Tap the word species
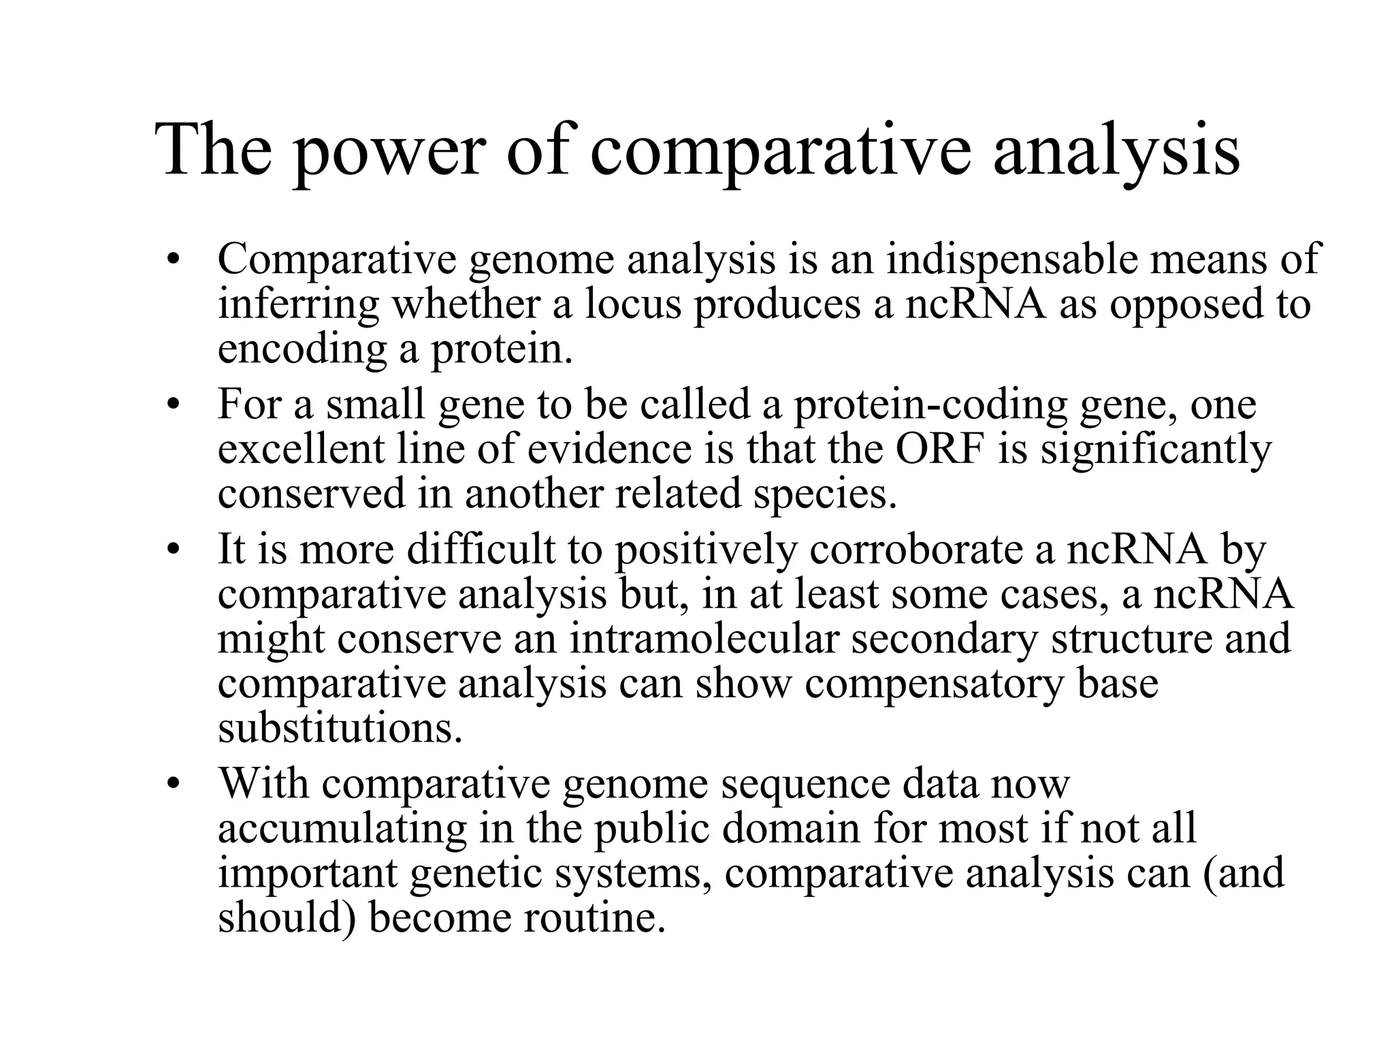click(824, 494)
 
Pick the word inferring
click(297, 305)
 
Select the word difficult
click(481, 550)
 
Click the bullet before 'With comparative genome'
click(174, 783)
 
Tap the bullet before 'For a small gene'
click(174, 405)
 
